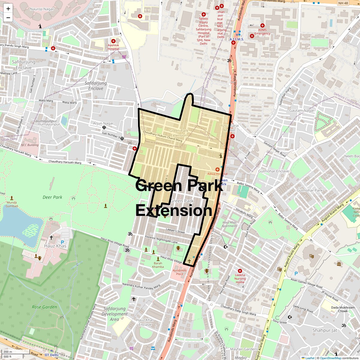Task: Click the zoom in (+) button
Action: (x=8, y=9)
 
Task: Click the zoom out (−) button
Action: (x=8, y=17)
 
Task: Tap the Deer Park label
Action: (x=52, y=197)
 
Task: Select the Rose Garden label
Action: (x=44, y=307)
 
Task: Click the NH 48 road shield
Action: (x=343, y=3)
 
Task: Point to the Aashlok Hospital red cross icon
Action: (x=113, y=41)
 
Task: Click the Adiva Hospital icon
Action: (x=217, y=170)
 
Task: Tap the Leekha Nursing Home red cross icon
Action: (x=240, y=271)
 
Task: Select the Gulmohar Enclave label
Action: (x=274, y=171)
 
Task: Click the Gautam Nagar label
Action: (x=302, y=110)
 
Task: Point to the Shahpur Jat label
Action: (x=325, y=330)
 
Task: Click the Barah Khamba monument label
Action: (x=158, y=265)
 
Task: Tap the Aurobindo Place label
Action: (x=179, y=272)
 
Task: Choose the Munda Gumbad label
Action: (x=12, y=204)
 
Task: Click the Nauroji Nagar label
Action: (x=42, y=9)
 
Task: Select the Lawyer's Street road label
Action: (x=175, y=231)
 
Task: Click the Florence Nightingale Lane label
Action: (x=161, y=239)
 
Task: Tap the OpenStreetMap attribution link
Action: (x=331, y=358)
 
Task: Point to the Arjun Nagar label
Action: (x=103, y=123)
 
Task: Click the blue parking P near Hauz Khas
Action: (x=62, y=242)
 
